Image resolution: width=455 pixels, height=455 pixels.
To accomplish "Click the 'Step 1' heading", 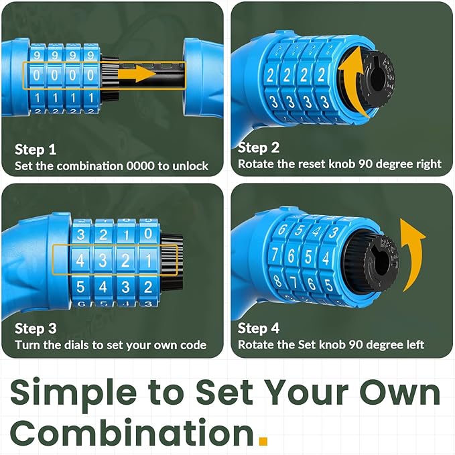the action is [35, 149].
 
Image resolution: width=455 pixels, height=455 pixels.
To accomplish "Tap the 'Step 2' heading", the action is [258, 147].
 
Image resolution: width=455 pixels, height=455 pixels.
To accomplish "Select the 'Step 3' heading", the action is [36, 328].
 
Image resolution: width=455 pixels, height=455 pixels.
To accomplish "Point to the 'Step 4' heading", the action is [258, 328].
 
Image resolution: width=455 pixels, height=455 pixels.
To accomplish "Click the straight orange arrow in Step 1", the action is [137, 74].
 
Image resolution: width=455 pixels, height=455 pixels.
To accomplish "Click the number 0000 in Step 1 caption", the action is [140, 166].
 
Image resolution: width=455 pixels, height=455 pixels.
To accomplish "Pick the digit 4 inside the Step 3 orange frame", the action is [80, 260].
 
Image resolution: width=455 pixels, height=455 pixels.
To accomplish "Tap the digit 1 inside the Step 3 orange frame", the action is [148, 260].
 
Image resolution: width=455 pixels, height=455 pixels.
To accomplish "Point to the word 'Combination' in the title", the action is [132, 432].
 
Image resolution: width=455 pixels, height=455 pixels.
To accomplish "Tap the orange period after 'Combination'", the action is [263, 440].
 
